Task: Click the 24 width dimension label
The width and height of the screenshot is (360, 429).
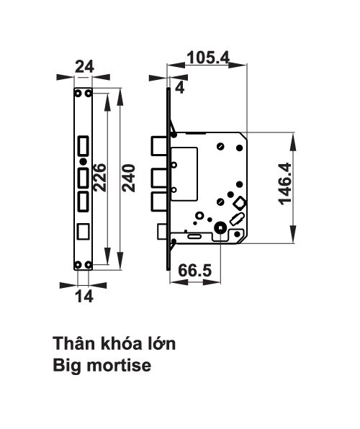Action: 84,67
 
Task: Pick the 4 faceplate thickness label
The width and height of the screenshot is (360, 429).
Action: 179,89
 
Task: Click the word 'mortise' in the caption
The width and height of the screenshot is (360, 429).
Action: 118,366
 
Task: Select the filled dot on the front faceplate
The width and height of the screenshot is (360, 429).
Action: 83,161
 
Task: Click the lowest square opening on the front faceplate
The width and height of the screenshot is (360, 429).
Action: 84,231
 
